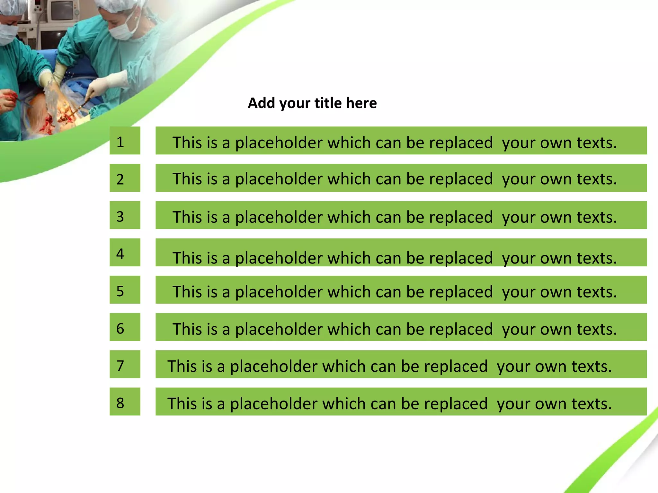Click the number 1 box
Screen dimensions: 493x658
point(125,141)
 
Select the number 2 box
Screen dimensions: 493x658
point(125,178)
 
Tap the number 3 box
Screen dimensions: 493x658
point(125,215)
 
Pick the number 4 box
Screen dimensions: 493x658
point(125,252)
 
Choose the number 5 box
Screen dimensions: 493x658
point(125,290)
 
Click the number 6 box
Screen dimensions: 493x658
point(125,327)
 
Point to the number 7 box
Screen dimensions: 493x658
point(125,364)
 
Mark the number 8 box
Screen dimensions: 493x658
point(125,401)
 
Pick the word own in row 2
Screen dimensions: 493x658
point(556,179)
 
